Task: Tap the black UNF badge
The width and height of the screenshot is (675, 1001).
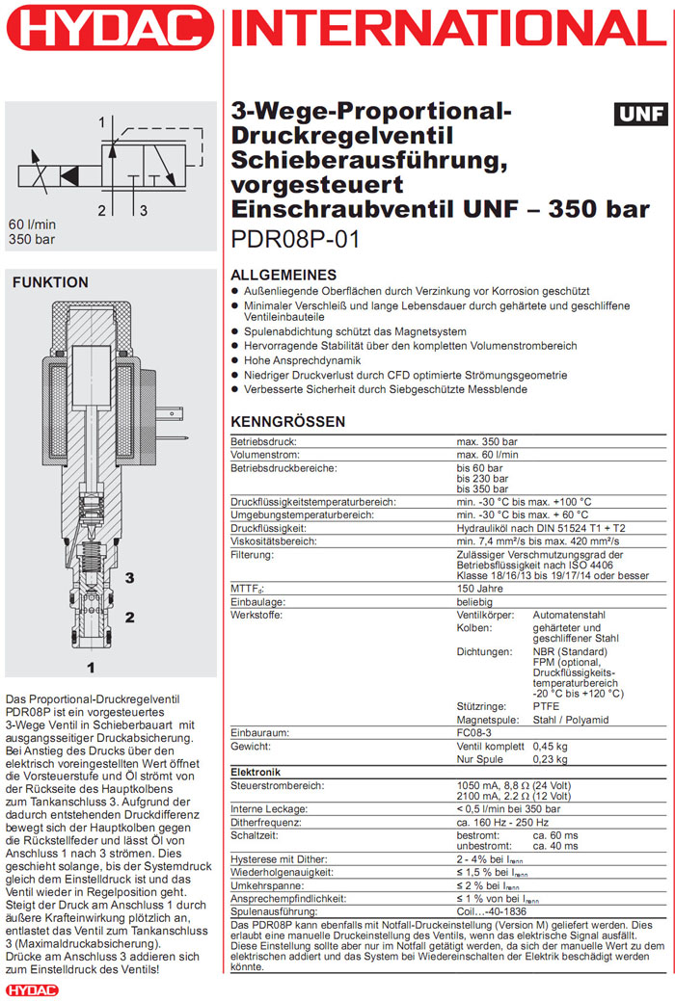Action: point(640,115)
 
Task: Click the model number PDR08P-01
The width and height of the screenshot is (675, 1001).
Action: point(295,240)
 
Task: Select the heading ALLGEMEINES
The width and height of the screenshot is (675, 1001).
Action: point(283,276)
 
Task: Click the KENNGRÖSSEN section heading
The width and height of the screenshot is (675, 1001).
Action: point(287,422)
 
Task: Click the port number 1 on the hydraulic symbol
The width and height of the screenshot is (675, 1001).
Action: point(100,122)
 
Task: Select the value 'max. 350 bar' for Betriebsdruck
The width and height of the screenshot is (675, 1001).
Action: point(487,441)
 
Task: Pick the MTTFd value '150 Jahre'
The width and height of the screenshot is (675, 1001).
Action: point(480,588)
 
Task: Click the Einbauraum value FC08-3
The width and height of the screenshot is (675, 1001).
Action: point(476,733)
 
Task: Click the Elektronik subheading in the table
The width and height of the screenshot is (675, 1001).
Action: point(256,773)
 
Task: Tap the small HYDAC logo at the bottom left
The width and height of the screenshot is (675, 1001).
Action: point(32,989)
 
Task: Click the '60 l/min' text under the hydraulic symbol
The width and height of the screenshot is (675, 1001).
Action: point(32,224)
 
